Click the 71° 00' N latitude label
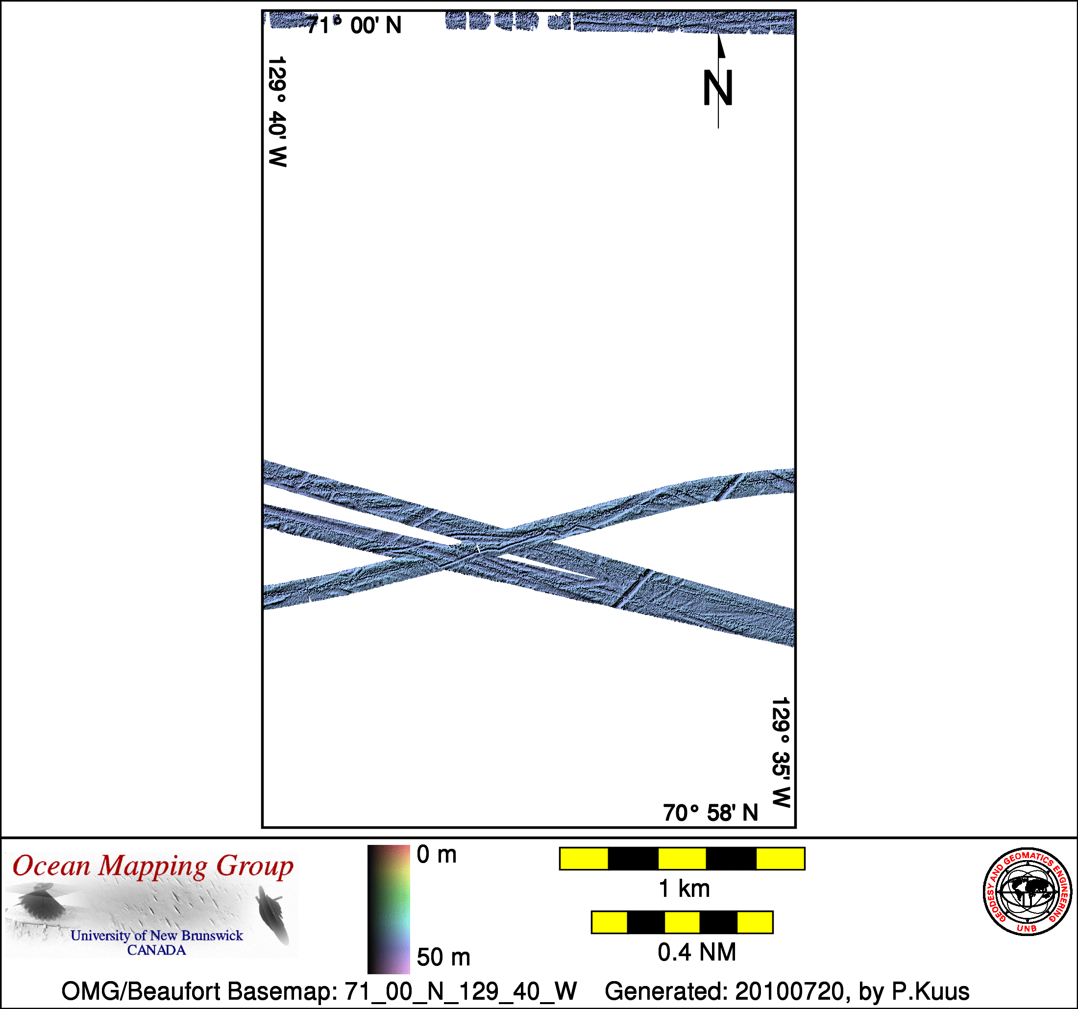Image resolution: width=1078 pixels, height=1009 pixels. [354, 25]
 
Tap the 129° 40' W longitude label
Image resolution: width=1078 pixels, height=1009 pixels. [278, 112]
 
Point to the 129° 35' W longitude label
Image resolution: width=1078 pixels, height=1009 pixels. [781, 752]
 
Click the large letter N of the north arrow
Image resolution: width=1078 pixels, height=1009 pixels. [718, 88]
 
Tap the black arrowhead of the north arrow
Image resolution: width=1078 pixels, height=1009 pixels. [721, 46]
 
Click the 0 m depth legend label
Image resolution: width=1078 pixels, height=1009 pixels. [437, 855]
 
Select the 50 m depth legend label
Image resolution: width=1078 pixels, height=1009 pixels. [443, 957]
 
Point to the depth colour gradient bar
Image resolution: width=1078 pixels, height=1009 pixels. [388, 909]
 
